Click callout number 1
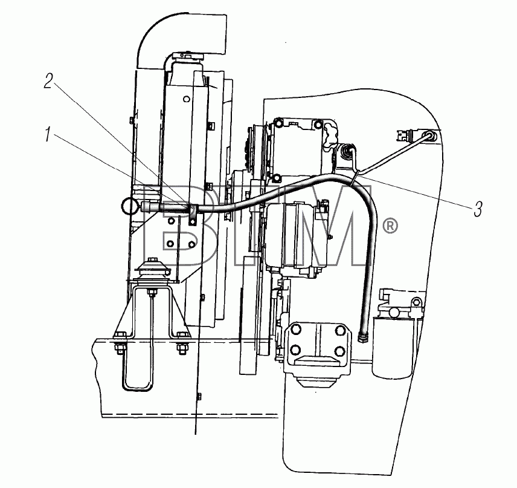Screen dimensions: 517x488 tap(48, 135)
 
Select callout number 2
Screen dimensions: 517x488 tap(48, 81)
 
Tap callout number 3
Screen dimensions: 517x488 tap(478, 209)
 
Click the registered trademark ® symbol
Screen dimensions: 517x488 tap(390, 226)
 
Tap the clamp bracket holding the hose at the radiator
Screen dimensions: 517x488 tap(192, 215)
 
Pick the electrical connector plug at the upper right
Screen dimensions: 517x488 tap(404, 135)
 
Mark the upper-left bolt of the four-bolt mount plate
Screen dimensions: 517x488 tap(295, 330)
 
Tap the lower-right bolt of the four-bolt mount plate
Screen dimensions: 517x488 tap(339, 350)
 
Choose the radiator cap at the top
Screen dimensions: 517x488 tap(187, 57)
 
